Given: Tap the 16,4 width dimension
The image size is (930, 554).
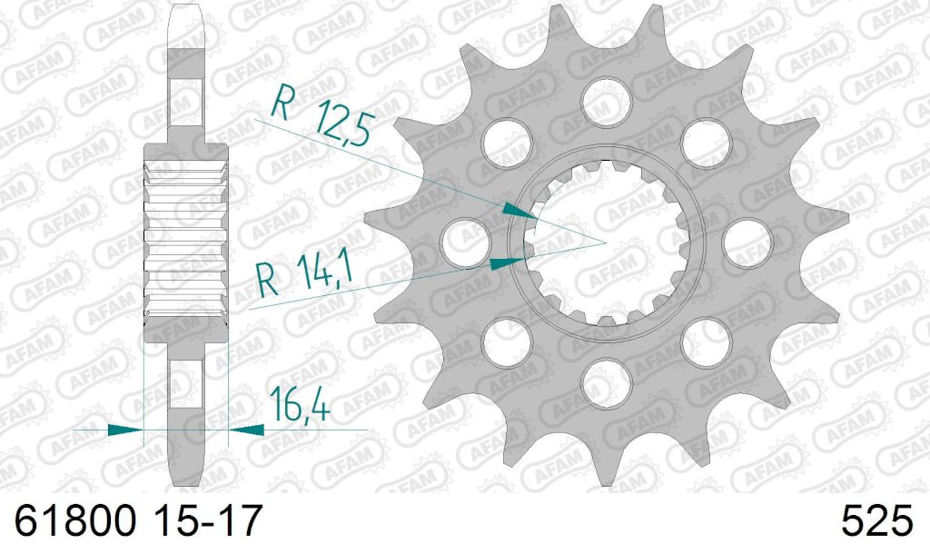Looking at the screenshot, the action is (300, 404).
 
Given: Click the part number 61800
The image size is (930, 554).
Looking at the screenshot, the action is (75, 521).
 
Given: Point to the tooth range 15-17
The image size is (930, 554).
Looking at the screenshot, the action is (207, 521).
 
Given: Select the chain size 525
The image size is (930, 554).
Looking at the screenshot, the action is (876, 521).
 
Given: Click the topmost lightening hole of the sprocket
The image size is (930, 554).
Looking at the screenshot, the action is (606, 102).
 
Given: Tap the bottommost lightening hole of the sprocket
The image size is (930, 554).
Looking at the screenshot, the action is (606, 384).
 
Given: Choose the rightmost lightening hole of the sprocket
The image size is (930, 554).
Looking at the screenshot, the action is (747, 242).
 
